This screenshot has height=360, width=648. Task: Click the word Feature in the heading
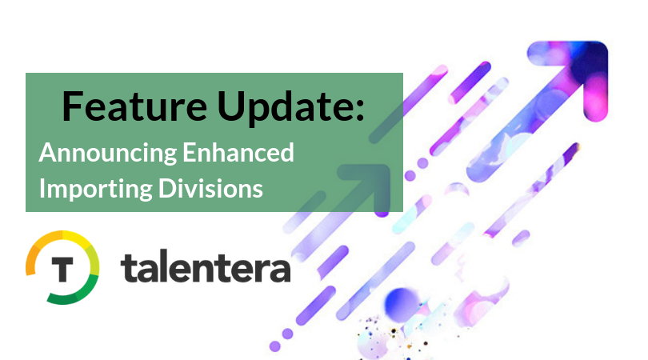(134, 106)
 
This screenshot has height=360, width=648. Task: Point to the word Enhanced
(238, 153)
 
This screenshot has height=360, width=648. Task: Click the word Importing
(96, 190)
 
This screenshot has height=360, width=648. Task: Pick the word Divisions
(210, 189)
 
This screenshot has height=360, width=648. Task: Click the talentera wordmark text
(206, 268)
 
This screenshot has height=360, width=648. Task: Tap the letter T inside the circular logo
(62, 269)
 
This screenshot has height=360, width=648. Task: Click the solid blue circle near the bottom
(401, 305)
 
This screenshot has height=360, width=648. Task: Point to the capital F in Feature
(71, 106)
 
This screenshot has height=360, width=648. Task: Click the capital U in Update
(230, 107)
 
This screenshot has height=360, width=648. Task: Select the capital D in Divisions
(167, 189)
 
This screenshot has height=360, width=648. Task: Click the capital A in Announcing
(48, 153)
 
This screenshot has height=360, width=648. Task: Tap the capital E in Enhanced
(190, 153)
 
